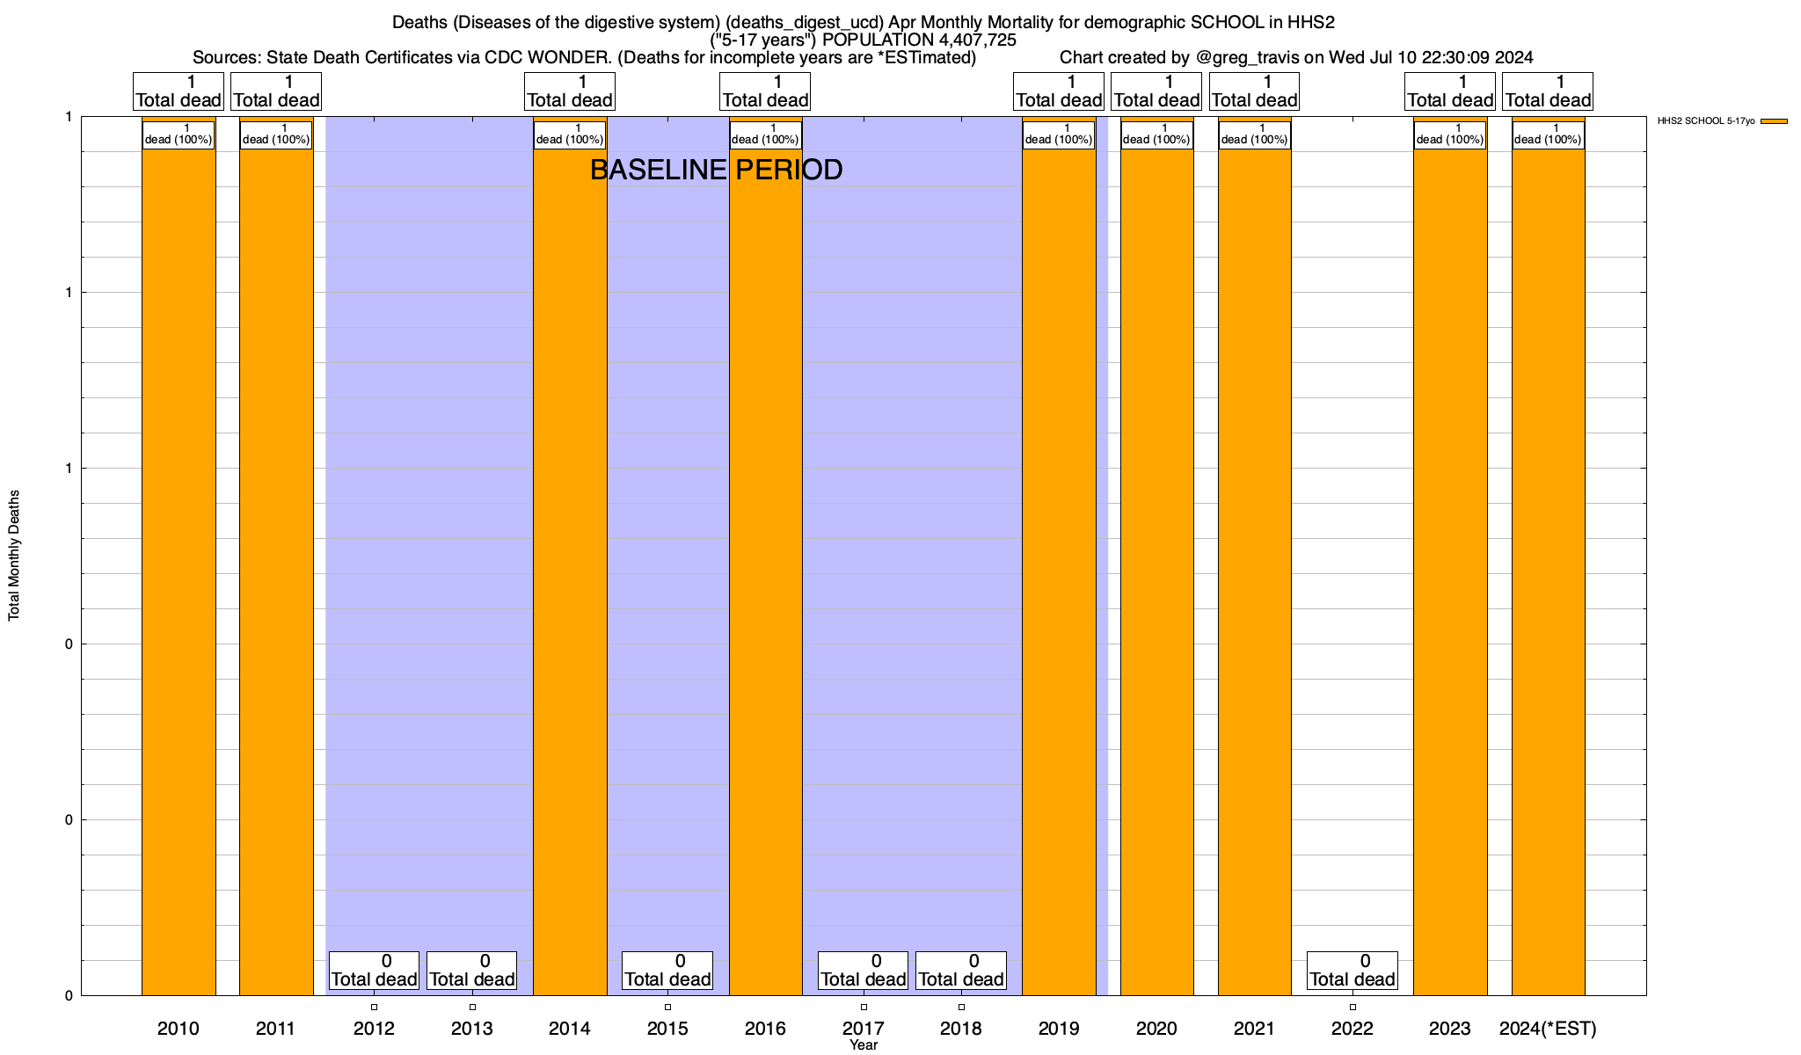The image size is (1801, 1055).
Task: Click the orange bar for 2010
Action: [179, 563]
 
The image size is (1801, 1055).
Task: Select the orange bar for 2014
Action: [570, 563]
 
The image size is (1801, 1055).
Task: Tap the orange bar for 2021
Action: [1255, 563]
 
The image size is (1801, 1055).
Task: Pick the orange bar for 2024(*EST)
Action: [1548, 563]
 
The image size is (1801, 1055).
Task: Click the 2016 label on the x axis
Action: [765, 1028]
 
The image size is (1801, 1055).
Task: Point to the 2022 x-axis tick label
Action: [1353, 1028]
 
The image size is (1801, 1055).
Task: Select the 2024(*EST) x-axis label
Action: [1548, 1028]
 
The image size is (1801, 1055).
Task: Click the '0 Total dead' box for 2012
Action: [374, 971]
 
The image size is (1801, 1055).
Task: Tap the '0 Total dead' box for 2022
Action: [1353, 971]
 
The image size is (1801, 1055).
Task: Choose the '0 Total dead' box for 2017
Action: [864, 971]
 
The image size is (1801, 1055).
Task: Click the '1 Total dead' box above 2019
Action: [1059, 91]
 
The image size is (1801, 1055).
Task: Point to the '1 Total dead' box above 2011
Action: [276, 91]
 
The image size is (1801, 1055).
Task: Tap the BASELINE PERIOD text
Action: [716, 170]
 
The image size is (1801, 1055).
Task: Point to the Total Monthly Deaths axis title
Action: [14, 556]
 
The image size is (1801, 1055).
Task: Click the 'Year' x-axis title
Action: [864, 1045]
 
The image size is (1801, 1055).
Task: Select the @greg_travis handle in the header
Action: [1247, 58]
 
